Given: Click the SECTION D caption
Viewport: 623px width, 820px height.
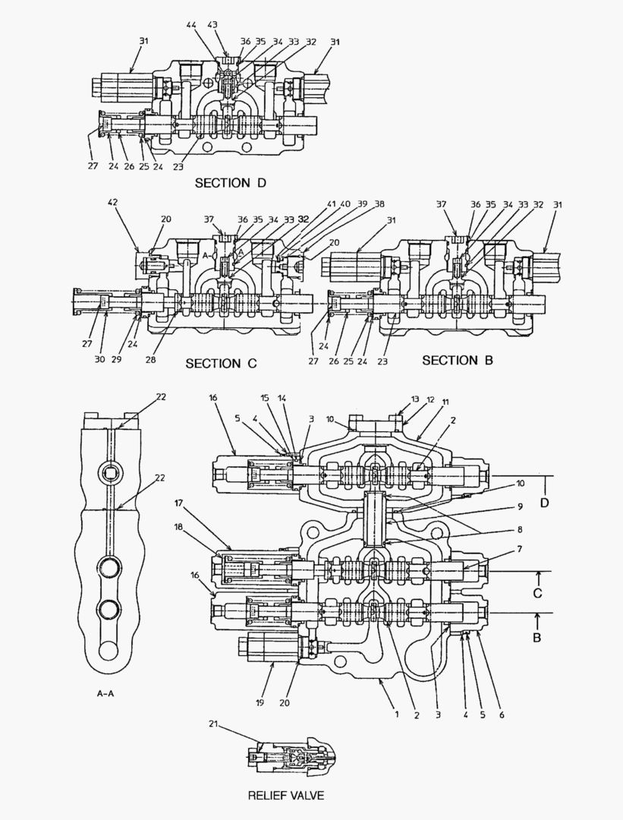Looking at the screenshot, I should click(x=231, y=183).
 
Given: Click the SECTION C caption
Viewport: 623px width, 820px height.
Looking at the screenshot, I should click(x=221, y=364).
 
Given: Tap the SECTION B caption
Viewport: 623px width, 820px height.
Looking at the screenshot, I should click(x=457, y=360).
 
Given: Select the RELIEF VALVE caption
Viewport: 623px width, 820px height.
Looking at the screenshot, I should click(x=286, y=796).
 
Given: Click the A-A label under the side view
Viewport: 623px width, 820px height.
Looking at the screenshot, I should click(x=107, y=693).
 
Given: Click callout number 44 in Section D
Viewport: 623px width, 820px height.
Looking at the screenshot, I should click(x=191, y=26).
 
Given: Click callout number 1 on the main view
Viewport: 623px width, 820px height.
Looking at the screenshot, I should click(x=395, y=714).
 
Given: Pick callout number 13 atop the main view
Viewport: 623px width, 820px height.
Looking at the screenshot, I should click(x=415, y=399).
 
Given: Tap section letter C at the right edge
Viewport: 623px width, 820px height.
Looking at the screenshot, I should click(x=536, y=592).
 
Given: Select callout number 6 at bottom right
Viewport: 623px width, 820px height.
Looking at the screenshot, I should click(x=501, y=714).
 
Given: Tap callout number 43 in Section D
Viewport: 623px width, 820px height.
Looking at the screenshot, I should click(x=212, y=26).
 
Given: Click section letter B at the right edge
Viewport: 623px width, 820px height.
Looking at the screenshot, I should click(x=536, y=637).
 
